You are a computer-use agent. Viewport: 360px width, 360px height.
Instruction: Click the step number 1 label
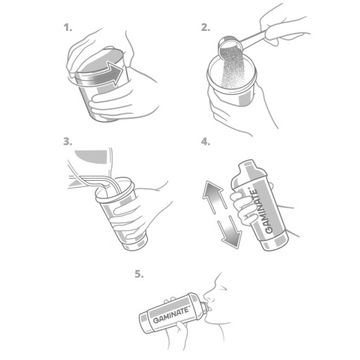(x=68, y=28)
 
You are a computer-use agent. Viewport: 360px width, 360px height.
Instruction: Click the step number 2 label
(x=206, y=28)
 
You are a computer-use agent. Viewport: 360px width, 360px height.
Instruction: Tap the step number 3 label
(x=68, y=142)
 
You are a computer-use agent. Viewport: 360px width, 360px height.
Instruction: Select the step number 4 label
(x=206, y=142)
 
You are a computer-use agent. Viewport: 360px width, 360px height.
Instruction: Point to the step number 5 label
(x=139, y=275)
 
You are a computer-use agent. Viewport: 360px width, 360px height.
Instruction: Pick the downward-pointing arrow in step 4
(x=229, y=233)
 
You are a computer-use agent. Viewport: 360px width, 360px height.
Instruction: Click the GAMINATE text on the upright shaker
(x=262, y=211)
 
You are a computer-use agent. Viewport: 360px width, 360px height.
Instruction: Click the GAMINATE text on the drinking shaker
(x=171, y=315)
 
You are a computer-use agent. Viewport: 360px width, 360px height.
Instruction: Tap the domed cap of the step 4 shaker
(x=247, y=171)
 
